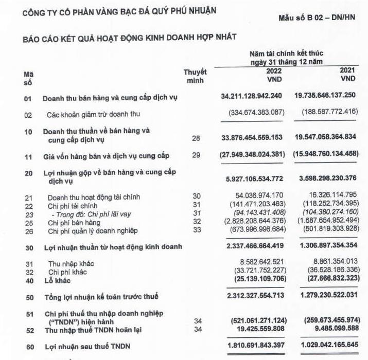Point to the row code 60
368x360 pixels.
[29, 347]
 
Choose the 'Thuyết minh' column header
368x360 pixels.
[195, 76]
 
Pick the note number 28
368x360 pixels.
[195, 138]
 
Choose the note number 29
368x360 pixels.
[195, 155]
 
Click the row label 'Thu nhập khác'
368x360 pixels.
[72, 264]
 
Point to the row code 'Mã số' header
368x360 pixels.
[29, 78]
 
